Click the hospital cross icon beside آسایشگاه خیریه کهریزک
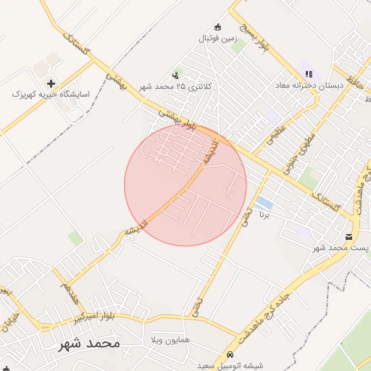click(x=50, y=83)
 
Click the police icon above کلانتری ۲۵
click(x=176, y=75)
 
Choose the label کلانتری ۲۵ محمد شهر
click(x=176, y=86)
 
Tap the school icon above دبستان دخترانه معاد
click(x=309, y=74)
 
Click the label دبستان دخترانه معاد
click(x=308, y=85)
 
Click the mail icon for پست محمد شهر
click(x=350, y=237)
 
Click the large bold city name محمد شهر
click(x=89, y=343)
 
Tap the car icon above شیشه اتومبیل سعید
click(x=230, y=355)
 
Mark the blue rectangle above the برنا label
click(x=264, y=204)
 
